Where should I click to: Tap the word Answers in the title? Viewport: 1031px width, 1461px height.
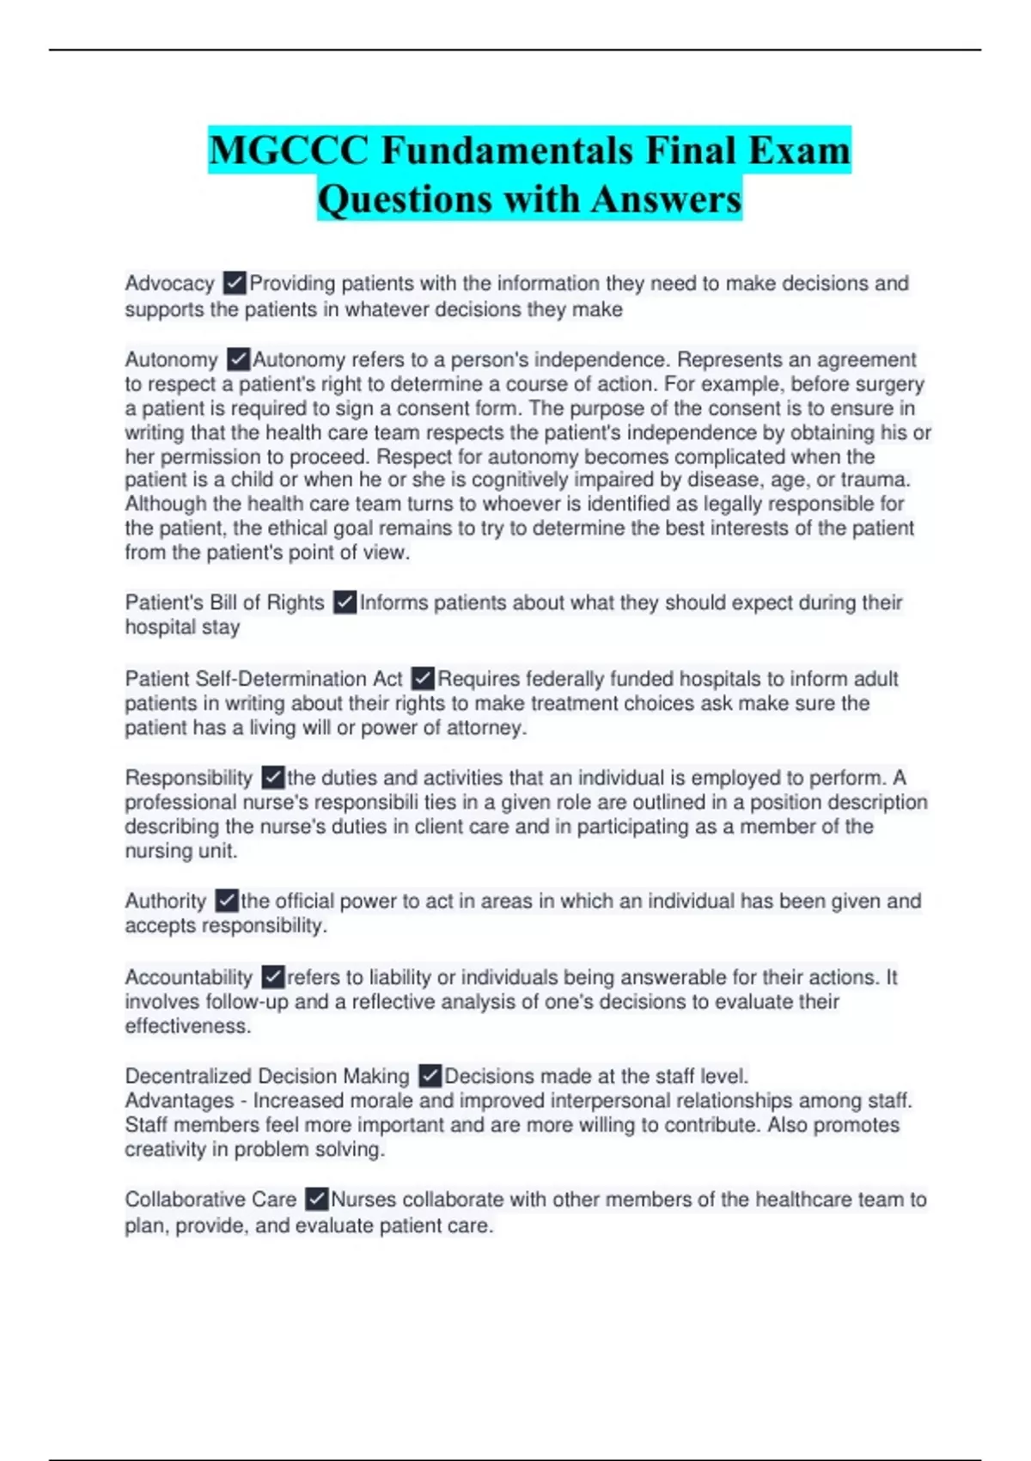[x=666, y=199]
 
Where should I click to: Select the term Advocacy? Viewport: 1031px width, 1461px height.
[x=169, y=284]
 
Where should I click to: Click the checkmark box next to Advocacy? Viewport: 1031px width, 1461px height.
[x=234, y=283]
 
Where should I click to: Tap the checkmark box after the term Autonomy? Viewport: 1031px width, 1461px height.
[x=238, y=359]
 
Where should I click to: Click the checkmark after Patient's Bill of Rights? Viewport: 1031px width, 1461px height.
[x=345, y=602]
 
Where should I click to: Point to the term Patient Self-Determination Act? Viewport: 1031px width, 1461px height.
[x=263, y=679]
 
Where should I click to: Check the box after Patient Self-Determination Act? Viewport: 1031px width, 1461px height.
[x=423, y=679]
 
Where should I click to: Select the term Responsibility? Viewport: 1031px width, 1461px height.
[x=188, y=778]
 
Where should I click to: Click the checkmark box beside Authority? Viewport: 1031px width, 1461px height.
[x=226, y=901]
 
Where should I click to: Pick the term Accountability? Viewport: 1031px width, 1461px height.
[x=188, y=977]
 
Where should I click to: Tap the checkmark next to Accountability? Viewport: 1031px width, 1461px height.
[x=272, y=977]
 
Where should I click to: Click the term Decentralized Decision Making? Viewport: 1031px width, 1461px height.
[x=266, y=1076]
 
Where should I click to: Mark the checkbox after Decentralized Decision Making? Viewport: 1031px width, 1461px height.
[x=430, y=1076]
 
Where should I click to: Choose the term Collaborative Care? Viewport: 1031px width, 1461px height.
[x=210, y=1199]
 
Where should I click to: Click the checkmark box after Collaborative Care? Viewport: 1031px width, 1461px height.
[x=316, y=1199]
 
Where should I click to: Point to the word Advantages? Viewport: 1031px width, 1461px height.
[x=179, y=1101]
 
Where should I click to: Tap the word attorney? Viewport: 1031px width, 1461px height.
[x=485, y=728]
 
